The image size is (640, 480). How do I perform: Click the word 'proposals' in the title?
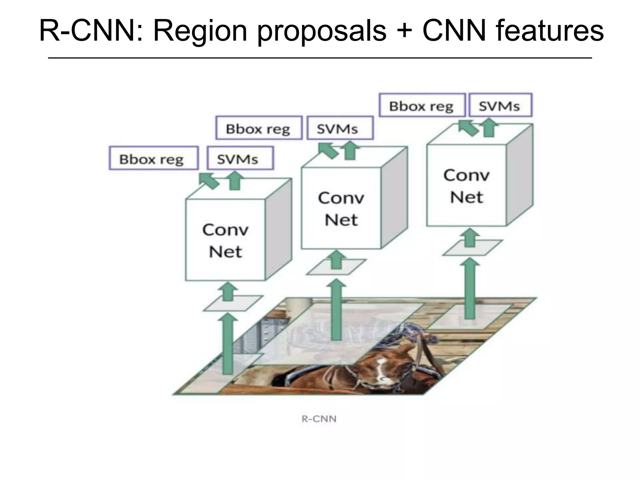(322, 31)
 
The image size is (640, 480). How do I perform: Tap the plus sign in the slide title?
(404, 31)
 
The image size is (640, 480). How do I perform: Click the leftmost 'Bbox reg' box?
(153, 158)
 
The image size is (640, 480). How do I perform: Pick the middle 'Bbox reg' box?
(259, 128)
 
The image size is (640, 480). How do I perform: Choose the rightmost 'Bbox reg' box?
(422, 105)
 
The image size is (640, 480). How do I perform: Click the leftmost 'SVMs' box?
(240, 158)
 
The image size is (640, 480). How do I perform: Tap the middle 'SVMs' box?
(340, 128)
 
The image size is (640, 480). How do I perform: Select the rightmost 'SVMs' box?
(500, 105)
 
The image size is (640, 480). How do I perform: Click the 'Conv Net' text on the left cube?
(225, 241)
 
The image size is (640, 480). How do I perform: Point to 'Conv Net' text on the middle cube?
(341, 208)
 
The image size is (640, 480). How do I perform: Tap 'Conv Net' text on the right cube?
(466, 186)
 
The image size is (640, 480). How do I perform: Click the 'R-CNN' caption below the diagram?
(319, 419)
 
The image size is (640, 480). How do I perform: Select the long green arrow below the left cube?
(228, 344)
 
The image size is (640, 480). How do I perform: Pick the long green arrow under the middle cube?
(336, 309)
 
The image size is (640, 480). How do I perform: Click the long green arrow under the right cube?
(470, 287)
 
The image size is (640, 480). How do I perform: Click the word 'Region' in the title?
(200, 31)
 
